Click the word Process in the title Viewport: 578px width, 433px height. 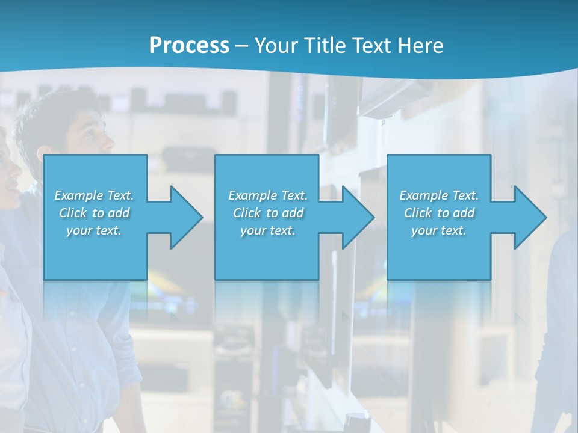(189, 46)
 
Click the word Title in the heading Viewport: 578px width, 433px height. (325, 46)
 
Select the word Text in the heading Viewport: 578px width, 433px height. (373, 46)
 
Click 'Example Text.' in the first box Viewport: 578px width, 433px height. (94, 195)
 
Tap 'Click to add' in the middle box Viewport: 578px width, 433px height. (268, 213)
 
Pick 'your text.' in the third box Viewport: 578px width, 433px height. (439, 230)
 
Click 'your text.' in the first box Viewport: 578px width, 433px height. (94, 230)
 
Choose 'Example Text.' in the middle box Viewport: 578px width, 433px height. (268, 195)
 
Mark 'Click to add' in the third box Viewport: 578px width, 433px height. (439, 213)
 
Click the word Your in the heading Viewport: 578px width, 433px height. (276, 46)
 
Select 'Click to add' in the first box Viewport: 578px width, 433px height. (94, 213)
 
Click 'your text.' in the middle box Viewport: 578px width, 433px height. (268, 230)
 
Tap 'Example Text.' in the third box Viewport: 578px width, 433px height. (439, 195)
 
